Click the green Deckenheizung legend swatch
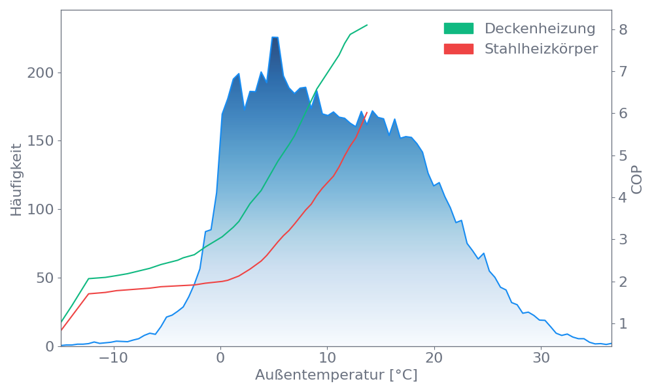pyautogui.click(x=458, y=29)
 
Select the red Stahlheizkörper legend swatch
pyautogui.click(x=458, y=49)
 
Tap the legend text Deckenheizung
pyautogui.click(x=540, y=29)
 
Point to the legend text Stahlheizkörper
pyautogui.click(x=541, y=49)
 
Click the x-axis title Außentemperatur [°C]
pyautogui.click(x=336, y=376)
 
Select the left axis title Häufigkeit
pyautogui.click(x=16, y=180)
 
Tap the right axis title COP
pyautogui.click(x=637, y=178)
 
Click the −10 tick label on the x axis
pyautogui.click(x=111, y=359)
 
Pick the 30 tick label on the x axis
pyautogui.click(x=540, y=359)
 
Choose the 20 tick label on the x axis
pyautogui.click(x=434, y=359)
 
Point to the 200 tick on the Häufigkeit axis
pyautogui.click(x=41, y=73)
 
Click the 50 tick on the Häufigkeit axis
pyautogui.click(x=45, y=278)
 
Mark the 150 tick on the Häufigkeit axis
pyautogui.click(x=41, y=141)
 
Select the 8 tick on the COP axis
pyautogui.click(x=623, y=29)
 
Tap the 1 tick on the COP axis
pyautogui.click(x=623, y=323)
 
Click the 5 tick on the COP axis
pyautogui.click(x=623, y=155)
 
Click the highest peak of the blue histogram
pyautogui.click(x=275, y=37)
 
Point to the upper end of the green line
pyautogui.click(x=368, y=25)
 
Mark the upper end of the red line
pyautogui.click(x=368, y=112)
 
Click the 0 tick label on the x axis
pyautogui.click(x=220, y=359)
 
